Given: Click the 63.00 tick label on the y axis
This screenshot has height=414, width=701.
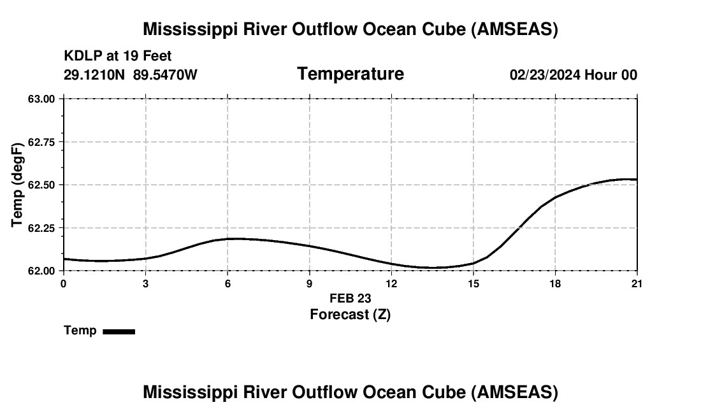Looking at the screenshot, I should [42, 99].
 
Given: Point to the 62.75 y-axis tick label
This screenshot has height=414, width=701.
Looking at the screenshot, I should [42, 142].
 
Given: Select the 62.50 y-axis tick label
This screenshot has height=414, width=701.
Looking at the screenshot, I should [42, 185].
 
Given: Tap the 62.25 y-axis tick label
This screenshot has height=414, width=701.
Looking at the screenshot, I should [42, 228].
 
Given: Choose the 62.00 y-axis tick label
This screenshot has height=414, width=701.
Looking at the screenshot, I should [42, 271].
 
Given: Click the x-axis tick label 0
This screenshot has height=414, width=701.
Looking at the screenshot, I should [63, 283].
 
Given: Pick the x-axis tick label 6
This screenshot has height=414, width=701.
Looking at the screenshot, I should [228, 283].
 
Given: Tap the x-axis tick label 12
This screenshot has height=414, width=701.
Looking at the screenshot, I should [391, 283].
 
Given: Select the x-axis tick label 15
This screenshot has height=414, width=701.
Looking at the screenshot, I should [473, 283].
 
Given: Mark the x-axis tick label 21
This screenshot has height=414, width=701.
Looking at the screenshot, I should [637, 283].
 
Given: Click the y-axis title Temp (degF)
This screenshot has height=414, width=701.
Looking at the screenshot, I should [18, 185].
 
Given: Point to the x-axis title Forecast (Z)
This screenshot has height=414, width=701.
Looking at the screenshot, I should [350, 314].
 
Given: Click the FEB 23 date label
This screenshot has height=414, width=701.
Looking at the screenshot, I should [350, 298].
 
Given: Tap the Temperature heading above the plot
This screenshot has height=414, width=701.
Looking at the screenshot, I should [350, 74].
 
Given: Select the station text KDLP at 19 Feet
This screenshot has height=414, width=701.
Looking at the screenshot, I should [118, 57].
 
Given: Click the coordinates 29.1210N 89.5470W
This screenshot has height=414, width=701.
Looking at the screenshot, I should [131, 75].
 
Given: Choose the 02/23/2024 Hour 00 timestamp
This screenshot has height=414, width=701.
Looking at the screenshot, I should [573, 75].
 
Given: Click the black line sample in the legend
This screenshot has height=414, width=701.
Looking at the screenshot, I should [119, 331].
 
